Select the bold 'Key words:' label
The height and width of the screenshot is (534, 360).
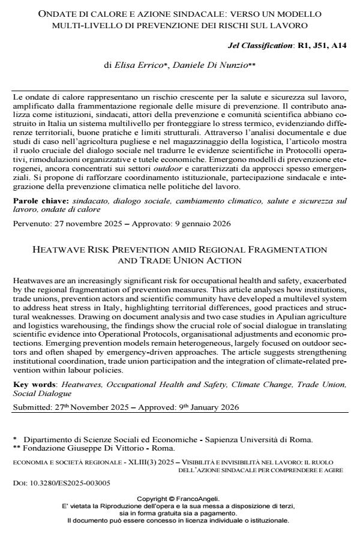click(33, 382)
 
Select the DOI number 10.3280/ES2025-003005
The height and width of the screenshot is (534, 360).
click(58, 482)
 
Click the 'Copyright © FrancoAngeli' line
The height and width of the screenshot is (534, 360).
click(178, 499)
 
